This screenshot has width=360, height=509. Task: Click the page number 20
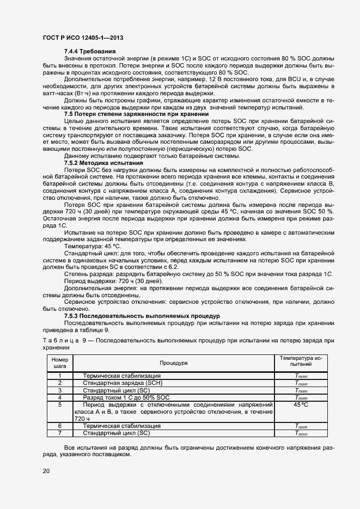pyautogui.click(x=46, y=471)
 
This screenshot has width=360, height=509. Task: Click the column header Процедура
pyautogui.click(x=173, y=363)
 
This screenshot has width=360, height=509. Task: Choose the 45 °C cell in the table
pyautogui.click(x=301, y=405)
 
